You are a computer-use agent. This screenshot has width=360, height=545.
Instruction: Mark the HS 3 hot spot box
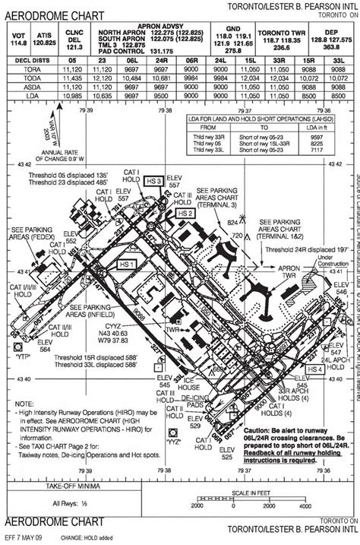[x=153, y=181]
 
